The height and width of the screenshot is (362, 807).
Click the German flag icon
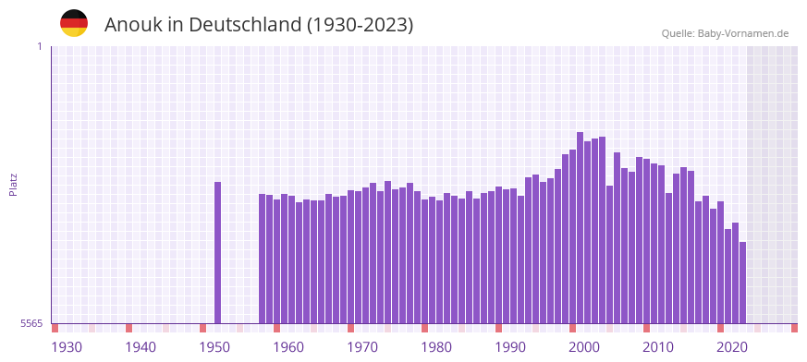pos(74,24)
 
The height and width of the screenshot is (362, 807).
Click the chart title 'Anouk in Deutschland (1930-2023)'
pos(259,25)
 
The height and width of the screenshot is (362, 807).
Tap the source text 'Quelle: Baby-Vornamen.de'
pos(725,33)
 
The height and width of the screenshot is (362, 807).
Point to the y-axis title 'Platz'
pos(13,185)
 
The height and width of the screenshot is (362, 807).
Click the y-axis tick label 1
pos(39,46)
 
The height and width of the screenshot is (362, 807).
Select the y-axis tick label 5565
pos(31,323)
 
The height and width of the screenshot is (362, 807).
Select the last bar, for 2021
pos(742,283)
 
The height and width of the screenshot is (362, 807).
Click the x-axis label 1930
pos(67,347)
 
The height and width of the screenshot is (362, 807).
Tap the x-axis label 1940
pos(141,347)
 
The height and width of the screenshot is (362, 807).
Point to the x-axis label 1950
pos(214,347)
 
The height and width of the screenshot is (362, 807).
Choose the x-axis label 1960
pos(288,347)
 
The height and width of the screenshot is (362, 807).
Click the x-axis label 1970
pos(362,347)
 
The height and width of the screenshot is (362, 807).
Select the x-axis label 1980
pos(436,347)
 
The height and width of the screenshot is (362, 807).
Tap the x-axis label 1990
pos(510,347)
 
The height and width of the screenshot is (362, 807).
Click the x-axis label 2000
pos(584,347)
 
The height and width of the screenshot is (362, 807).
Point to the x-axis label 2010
pos(658,347)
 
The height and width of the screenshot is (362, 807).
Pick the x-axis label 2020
pos(732,347)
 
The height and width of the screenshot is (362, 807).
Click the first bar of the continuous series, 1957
pos(263,259)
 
